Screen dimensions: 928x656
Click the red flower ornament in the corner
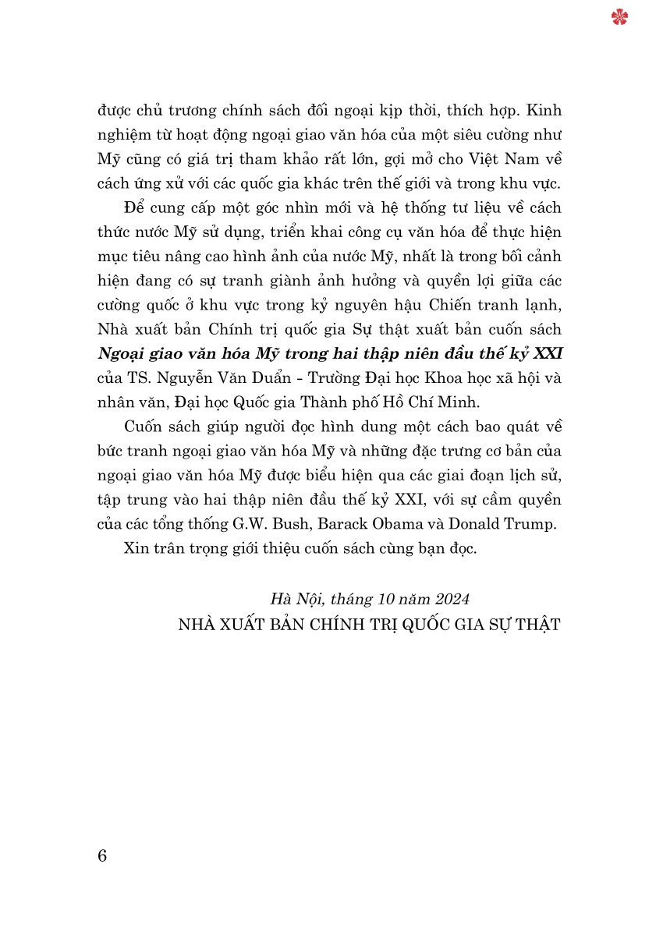tap(620, 16)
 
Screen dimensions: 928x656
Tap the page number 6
tap(102, 855)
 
